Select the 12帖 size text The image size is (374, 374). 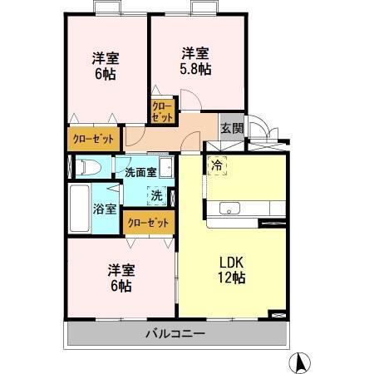tap(232, 278)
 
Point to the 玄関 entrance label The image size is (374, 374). tap(232, 128)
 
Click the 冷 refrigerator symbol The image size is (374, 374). tap(217, 165)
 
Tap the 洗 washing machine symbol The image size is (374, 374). tap(155, 196)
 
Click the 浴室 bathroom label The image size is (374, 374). tap(106, 209)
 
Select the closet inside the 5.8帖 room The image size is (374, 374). tap(162, 111)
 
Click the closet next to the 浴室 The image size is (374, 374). tap(148, 222)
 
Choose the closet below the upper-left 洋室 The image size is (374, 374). tap(93, 138)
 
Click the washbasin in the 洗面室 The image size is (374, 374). tap(166, 168)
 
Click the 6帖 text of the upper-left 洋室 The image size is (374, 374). tap(106, 73)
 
